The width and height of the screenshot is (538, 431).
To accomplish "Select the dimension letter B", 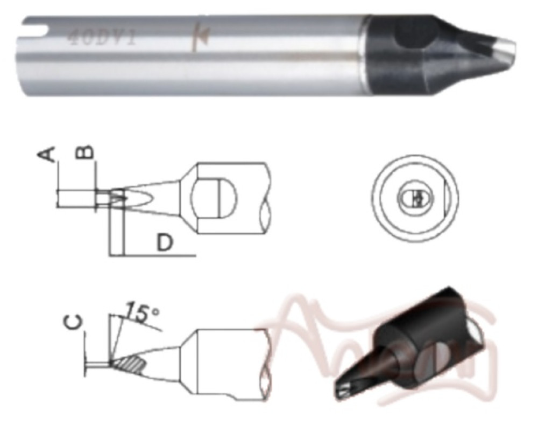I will click(88, 152).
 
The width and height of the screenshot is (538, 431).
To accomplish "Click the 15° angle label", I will click(139, 312).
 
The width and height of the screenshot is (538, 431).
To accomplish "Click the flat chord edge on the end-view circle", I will click(445, 199).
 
